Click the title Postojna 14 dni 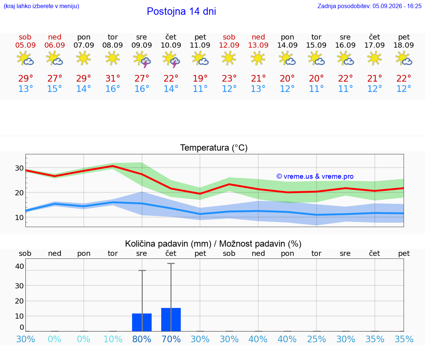coord(182,11)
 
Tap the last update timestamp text coord(369,6)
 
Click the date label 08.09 coord(113,45)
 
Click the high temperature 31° coord(113,78)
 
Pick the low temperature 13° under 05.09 coord(25,89)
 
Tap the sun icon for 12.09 coord(229,58)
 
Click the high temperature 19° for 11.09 coord(200,78)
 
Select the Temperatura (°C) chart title coord(214,148)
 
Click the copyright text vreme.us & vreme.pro coord(315,176)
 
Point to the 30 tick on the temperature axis coord(19,168)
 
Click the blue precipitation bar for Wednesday coord(142,322)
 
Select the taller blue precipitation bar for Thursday coord(171,320)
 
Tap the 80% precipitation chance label coord(142,339)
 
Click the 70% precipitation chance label coord(171,339)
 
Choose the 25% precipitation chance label coord(316,339)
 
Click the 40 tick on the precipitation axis coord(19,266)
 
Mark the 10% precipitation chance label coord(113,339)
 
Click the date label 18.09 coord(404,45)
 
